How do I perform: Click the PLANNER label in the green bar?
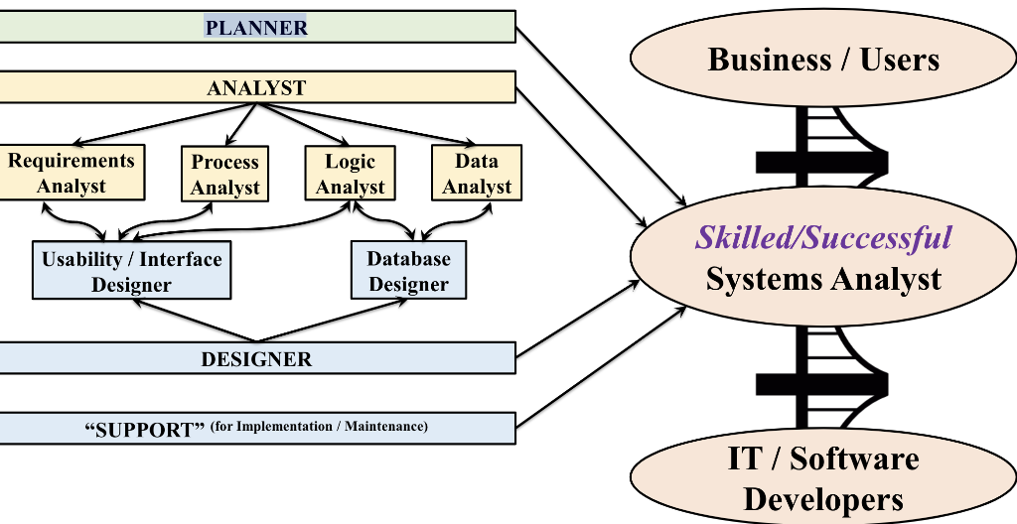click(256, 28)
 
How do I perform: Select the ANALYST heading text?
click(256, 88)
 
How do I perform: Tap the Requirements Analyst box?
click(72, 173)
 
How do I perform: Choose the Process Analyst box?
click(224, 174)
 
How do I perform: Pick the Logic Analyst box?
click(351, 174)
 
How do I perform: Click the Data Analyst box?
click(477, 174)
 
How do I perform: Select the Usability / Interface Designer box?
click(131, 271)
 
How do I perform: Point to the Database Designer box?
click(408, 271)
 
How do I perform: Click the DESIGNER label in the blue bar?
click(256, 359)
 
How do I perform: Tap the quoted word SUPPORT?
click(144, 429)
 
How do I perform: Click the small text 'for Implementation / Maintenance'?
click(320, 427)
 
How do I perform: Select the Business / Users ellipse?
click(823, 59)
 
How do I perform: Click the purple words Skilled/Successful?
click(823, 237)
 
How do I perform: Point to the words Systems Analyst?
click(823, 279)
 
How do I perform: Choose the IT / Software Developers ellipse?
click(823, 478)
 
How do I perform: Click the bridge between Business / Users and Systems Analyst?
click(823, 155)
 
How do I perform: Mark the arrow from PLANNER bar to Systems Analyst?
click(596, 109)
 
